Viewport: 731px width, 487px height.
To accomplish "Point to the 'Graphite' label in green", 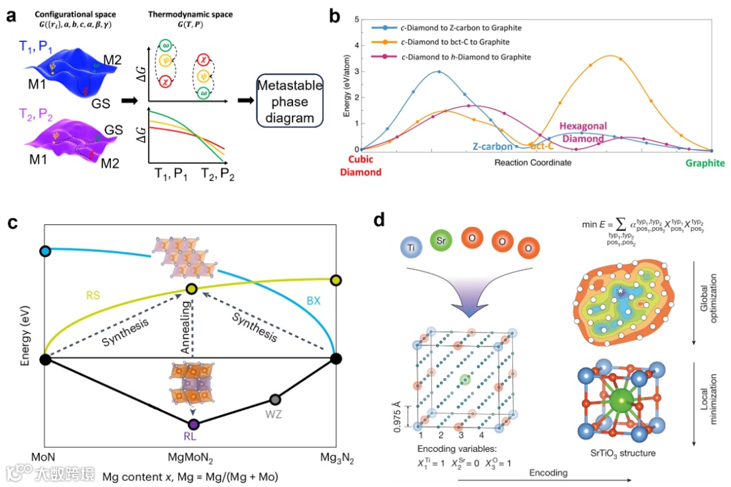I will click(703, 163).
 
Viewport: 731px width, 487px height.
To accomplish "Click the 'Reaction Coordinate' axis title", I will click(533, 163).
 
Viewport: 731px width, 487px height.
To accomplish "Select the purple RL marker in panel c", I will click(194, 424).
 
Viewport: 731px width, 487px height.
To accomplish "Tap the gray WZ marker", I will click(275, 400).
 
